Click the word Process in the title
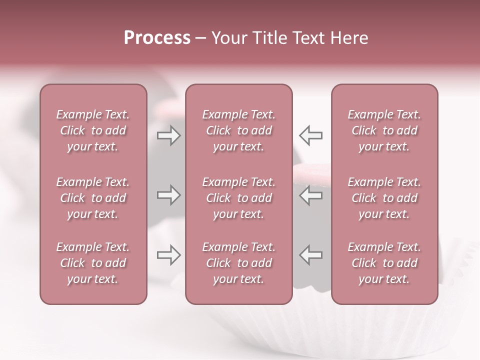[157, 38]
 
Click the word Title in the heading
[270, 38]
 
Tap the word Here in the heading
[348, 38]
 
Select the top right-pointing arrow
[168, 135]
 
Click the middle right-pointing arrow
[168, 195]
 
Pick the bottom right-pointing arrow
[168, 255]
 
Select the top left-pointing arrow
[311, 135]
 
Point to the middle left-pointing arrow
[311, 195]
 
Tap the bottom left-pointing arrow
[311, 255]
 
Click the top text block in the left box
[93, 130]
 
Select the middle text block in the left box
[93, 198]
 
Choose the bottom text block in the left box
[93, 263]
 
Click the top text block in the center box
[238, 130]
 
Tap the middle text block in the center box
[238, 198]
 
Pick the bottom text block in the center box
[238, 263]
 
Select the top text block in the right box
[384, 130]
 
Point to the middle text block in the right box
[384, 198]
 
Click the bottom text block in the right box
[384, 263]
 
